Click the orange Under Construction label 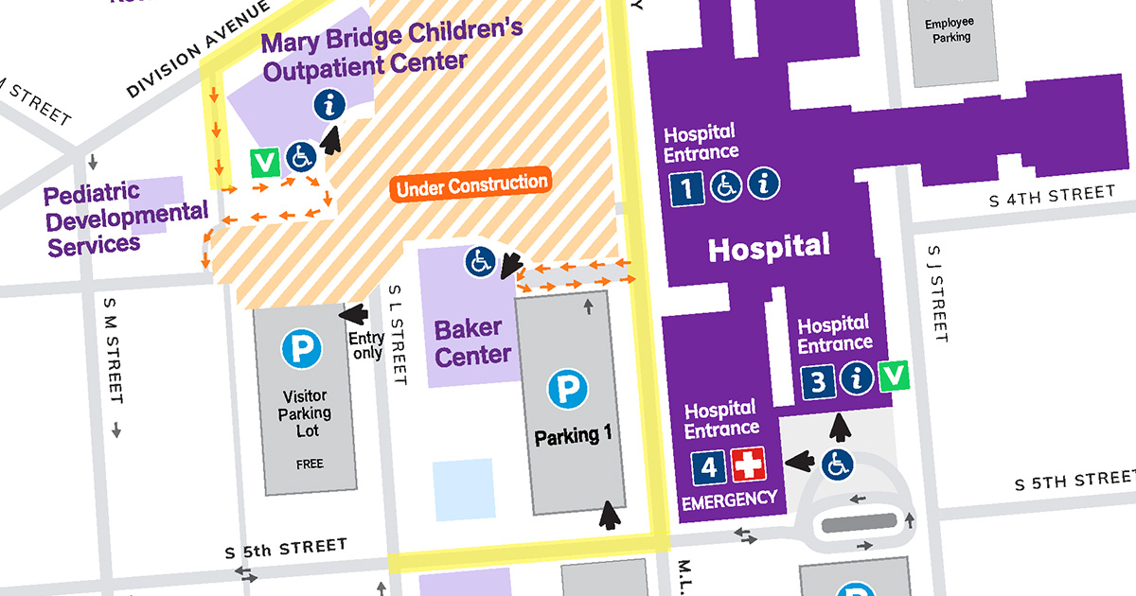point(472,184)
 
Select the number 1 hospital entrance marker point(686,186)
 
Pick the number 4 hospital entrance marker point(709,466)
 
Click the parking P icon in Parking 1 point(567,389)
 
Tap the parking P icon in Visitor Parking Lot point(301,351)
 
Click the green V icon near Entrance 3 point(894,377)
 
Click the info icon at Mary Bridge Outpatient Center point(328,103)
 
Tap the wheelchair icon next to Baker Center point(480,262)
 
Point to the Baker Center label point(472,342)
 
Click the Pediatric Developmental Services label point(126,219)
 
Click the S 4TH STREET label point(1051,196)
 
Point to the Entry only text point(366,345)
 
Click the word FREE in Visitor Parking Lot point(309,464)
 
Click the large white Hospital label point(769,248)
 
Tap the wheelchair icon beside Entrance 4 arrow point(838,464)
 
